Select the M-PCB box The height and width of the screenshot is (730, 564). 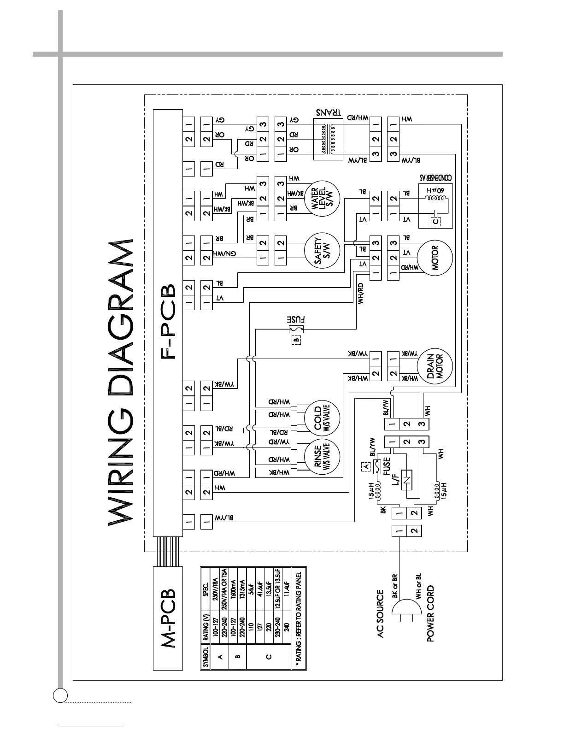169,612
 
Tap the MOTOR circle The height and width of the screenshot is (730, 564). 435,258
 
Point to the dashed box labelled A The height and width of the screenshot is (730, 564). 366,466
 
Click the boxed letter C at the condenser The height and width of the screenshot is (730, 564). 435,221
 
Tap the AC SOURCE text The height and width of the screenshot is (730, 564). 380,614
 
